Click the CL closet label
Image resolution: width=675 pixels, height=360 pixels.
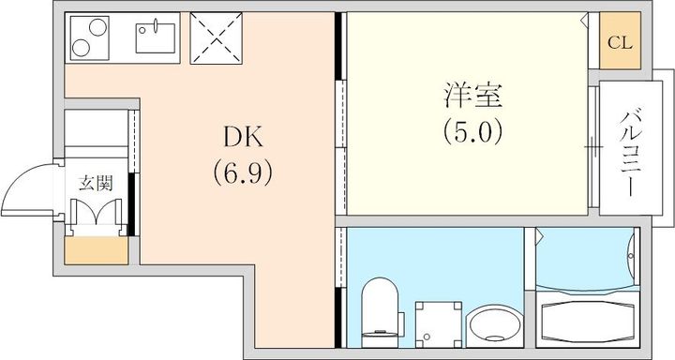pos(620,42)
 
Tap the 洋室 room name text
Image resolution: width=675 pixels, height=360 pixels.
pos(472,96)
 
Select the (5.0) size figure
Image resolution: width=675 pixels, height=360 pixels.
pos(472,132)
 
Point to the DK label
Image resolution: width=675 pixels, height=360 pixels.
pos(243,138)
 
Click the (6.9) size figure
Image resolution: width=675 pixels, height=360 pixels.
pos(243,172)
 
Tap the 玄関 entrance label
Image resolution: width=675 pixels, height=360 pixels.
pos(96,184)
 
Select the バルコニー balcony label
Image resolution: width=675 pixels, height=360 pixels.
pos(632,154)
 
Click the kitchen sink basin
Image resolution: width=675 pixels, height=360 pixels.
pos(156,37)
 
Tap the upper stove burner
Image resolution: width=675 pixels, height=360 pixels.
pos(97,27)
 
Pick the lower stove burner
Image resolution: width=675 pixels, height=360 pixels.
pos(81,48)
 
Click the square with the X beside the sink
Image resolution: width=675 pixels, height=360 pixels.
pos(217,37)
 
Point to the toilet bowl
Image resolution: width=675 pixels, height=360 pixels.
pos(380,311)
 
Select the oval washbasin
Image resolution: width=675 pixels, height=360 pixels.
pos(495,325)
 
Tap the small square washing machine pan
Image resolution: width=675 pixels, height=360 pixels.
pos(438,324)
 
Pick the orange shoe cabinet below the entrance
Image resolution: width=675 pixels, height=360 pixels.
pos(97,250)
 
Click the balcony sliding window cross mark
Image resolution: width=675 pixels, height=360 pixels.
pos(593,147)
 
